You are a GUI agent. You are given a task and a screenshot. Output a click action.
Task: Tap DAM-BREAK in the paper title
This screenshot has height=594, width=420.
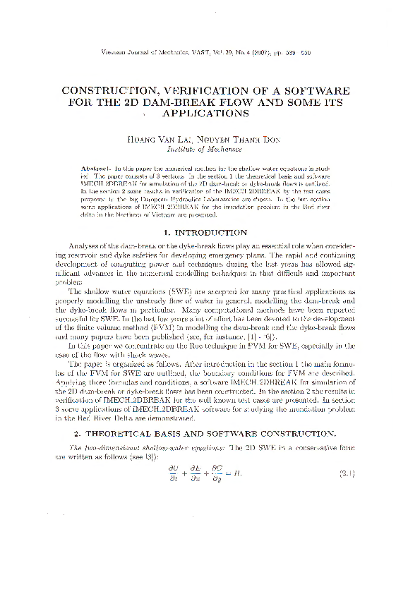(207, 102)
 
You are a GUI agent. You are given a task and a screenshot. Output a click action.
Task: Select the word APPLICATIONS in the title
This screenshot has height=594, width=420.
(205, 112)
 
